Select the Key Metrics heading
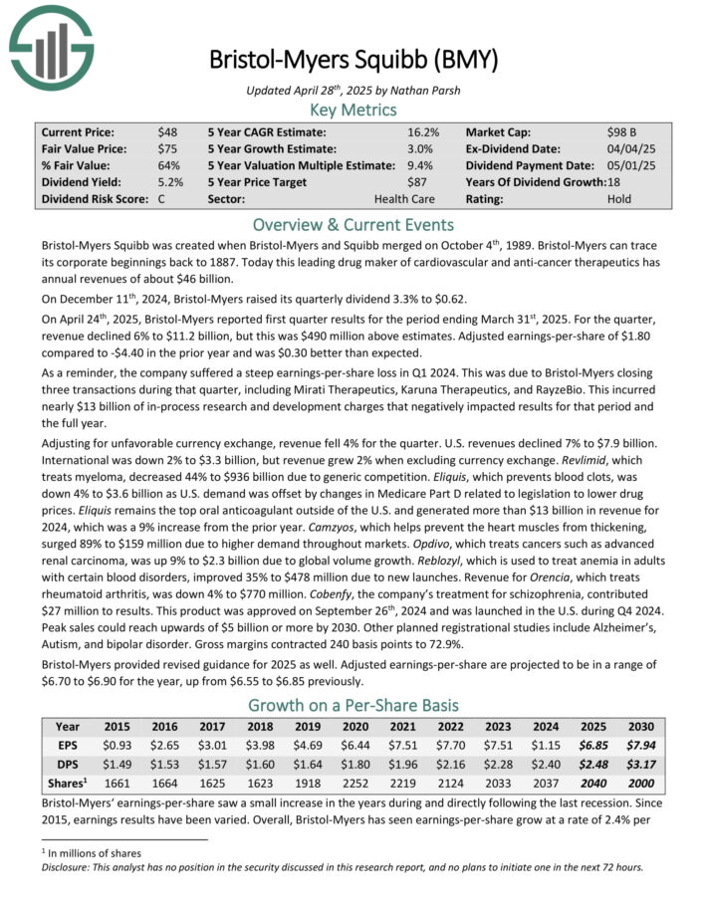point(353,111)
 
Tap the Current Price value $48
point(167,131)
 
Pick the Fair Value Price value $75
point(167,148)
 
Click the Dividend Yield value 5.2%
point(170,182)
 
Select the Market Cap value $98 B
point(624,131)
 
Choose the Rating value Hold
point(619,199)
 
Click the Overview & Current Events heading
point(353,224)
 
